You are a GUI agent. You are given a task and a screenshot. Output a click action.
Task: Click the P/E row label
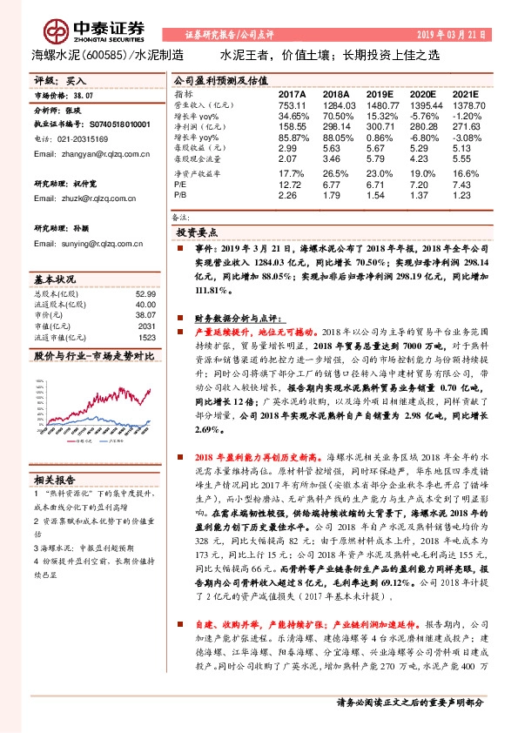pyautogui.click(x=179, y=185)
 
